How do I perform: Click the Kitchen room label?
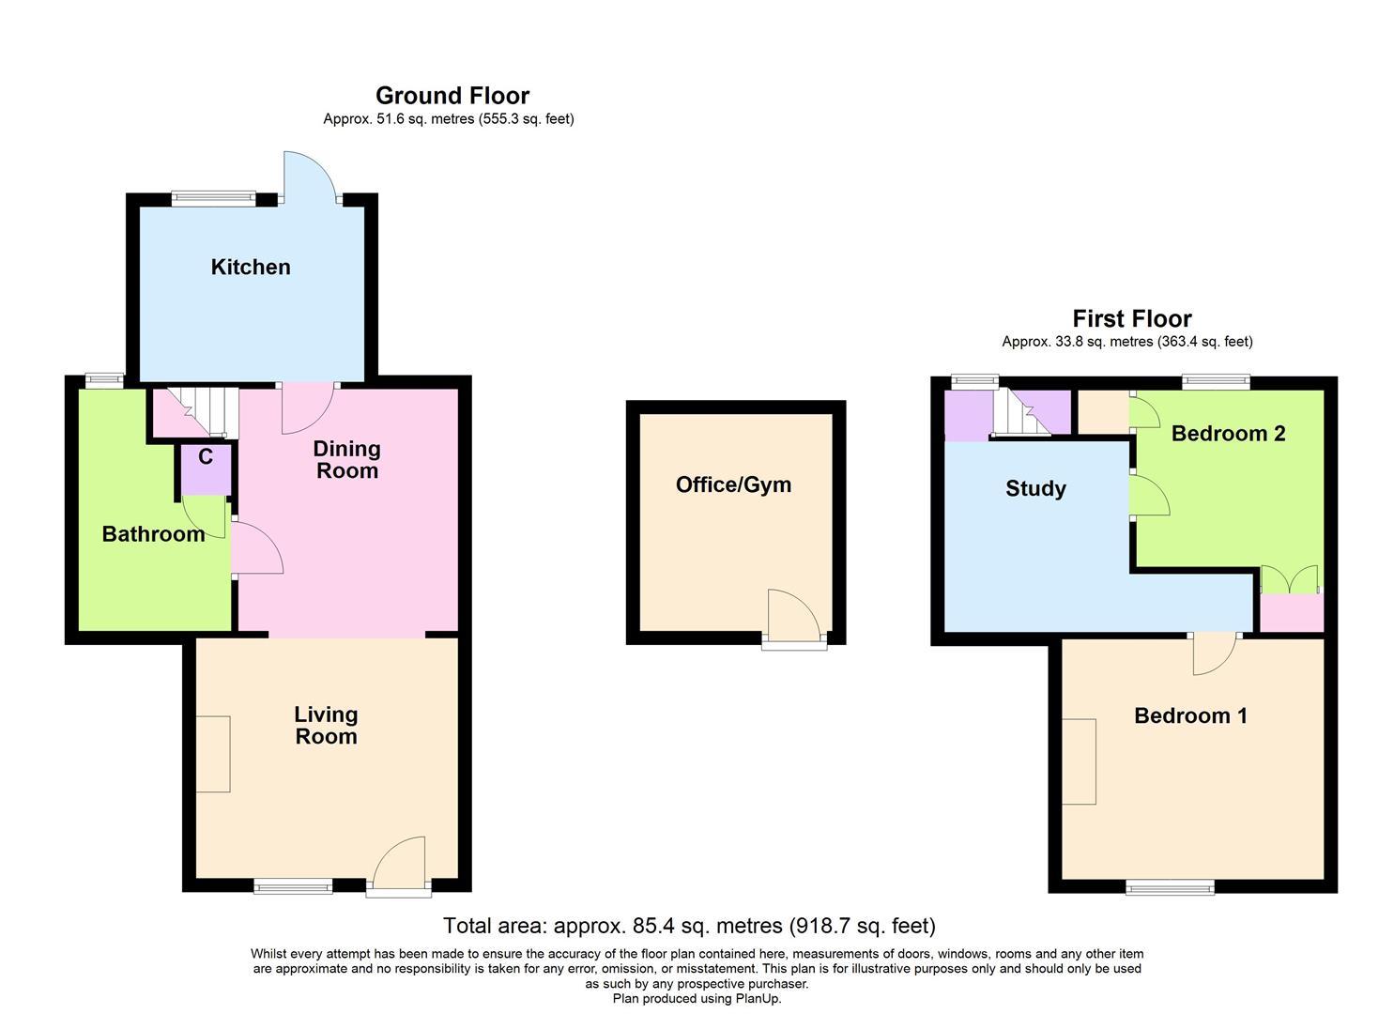pyautogui.click(x=251, y=268)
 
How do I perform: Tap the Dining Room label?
pyautogui.click(x=346, y=460)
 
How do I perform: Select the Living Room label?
pyautogui.click(x=326, y=726)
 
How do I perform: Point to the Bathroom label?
pyautogui.click(x=153, y=534)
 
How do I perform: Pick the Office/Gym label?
pyautogui.click(x=733, y=485)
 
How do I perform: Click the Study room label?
pyautogui.click(x=1035, y=488)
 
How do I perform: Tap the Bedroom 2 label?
pyautogui.click(x=1228, y=434)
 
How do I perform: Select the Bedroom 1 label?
pyautogui.click(x=1190, y=716)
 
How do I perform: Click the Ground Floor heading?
pyautogui.click(x=452, y=96)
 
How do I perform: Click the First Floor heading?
pyautogui.click(x=1131, y=319)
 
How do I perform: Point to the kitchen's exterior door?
pyautogui.click(x=310, y=178)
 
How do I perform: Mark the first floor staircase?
pyautogui.click(x=1023, y=413)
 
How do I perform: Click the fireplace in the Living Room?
pyautogui.click(x=213, y=754)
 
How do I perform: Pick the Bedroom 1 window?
pyautogui.click(x=1170, y=886)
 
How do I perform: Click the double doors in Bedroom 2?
pyautogui.click(x=1290, y=580)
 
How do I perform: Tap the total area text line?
pyautogui.click(x=689, y=927)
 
